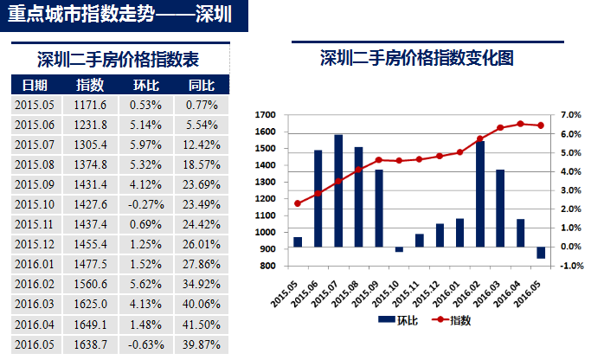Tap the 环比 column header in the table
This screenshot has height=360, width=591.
pos(145,85)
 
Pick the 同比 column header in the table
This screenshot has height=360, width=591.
pos(201,85)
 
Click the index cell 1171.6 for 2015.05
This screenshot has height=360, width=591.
pos(90,105)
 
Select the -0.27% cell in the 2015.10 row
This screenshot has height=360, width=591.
pos(145,204)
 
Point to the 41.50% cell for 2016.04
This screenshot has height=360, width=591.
pos(201,324)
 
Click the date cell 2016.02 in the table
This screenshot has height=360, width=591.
pos(35,284)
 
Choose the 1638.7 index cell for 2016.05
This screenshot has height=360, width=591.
pos(90,344)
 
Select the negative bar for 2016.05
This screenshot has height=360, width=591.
pos(541,253)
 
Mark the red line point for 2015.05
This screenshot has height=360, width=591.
pos(298,203)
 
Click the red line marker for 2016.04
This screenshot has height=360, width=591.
pos(520,124)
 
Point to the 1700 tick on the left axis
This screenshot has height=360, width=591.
pos(266,114)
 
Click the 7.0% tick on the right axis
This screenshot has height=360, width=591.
pos(571,114)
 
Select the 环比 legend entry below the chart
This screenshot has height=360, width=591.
pos(396,320)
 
